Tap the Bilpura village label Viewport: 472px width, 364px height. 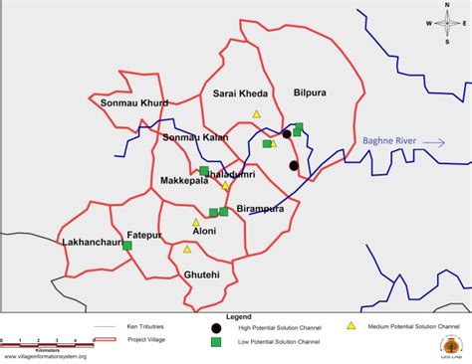(310, 93)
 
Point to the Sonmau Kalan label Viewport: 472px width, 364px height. (195, 136)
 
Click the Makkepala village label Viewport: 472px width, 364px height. (184, 181)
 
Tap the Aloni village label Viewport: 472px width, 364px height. (203, 230)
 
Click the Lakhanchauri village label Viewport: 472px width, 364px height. (91, 242)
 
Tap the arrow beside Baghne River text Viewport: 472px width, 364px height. (433, 143)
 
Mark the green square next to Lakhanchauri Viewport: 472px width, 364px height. (126, 245)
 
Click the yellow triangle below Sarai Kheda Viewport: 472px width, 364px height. (256, 114)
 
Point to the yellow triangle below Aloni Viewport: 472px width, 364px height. (187, 249)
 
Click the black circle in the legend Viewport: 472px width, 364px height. (216, 327)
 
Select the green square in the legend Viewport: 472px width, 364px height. (216, 342)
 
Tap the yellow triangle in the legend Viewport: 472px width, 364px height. (351, 325)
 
